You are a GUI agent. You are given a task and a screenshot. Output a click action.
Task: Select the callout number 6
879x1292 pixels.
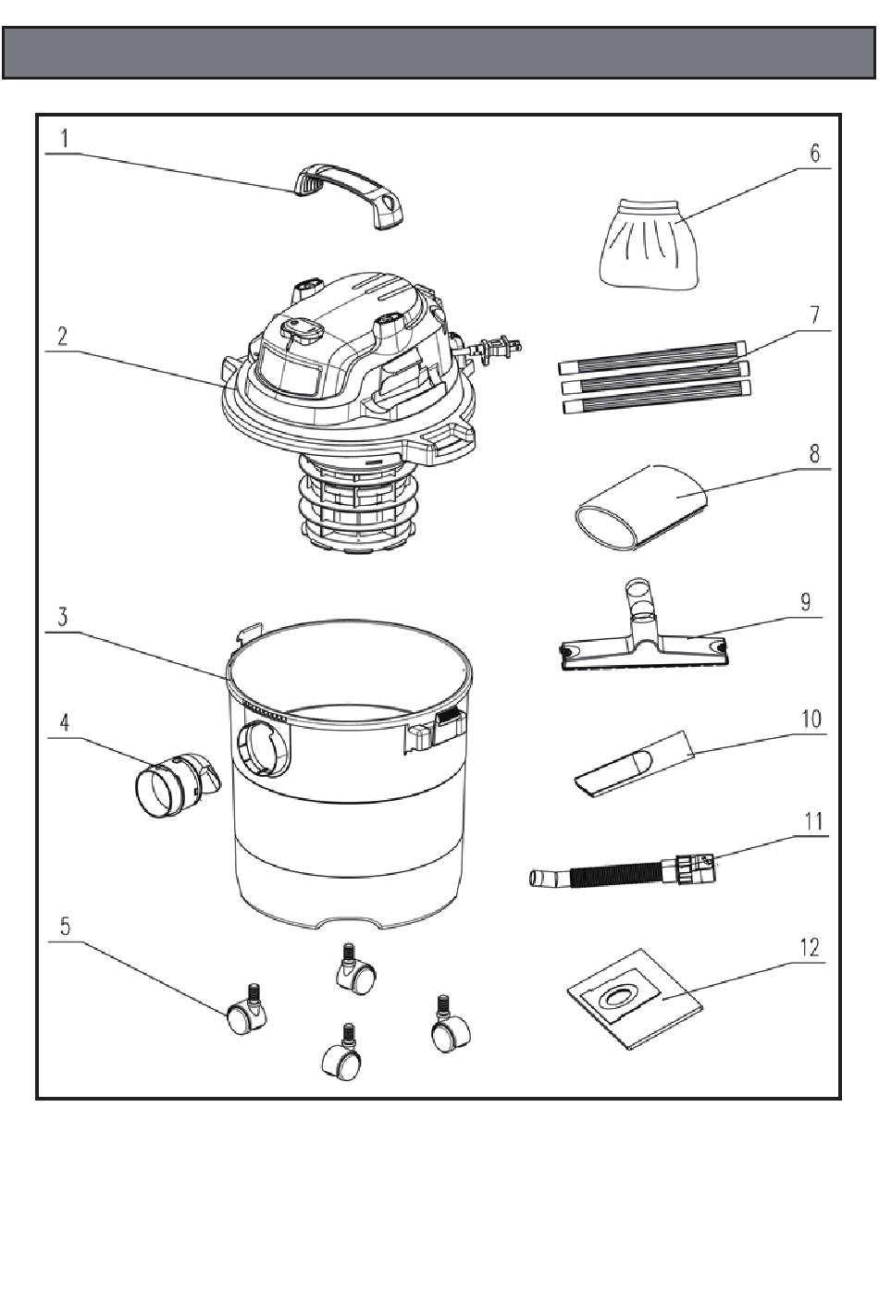click(814, 153)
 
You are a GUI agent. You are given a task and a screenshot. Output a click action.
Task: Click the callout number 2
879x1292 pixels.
click(62, 336)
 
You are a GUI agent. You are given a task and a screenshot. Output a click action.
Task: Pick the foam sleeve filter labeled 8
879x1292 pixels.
click(641, 507)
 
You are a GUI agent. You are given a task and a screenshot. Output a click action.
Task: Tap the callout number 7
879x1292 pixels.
click(814, 314)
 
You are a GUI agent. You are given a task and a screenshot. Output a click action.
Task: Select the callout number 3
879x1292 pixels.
click(62, 617)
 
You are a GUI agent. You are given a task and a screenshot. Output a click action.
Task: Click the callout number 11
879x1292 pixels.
click(813, 821)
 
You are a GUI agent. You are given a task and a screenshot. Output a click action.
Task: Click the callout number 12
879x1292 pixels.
click(810, 947)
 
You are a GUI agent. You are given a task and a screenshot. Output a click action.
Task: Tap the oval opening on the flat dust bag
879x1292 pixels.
click(616, 997)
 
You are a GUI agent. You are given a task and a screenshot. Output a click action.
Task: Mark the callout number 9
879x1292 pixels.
click(806, 601)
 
